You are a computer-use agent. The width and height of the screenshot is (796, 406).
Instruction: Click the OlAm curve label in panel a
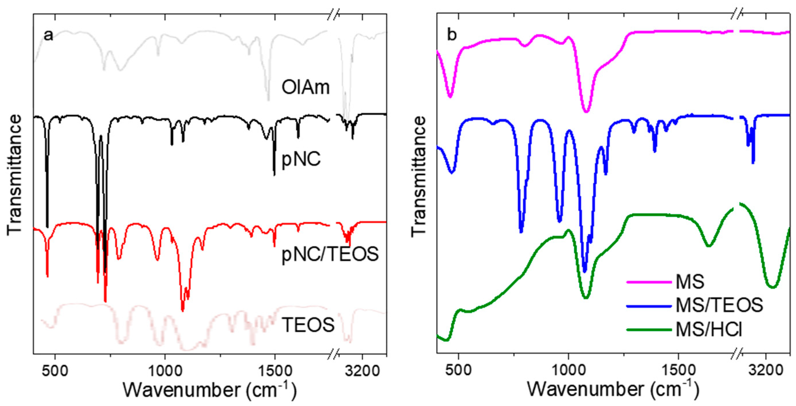tap(305, 87)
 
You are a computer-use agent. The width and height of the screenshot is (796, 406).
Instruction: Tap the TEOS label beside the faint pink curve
tap(308, 325)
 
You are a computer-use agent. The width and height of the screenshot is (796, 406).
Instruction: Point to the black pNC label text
tap(301, 160)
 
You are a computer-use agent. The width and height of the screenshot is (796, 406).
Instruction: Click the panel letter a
tap(48, 35)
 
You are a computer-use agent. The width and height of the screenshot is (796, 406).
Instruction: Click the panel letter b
tap(452, 35)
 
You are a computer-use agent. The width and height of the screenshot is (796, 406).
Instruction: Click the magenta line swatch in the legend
tap(649, 282)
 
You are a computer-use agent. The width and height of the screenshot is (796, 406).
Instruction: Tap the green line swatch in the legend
tap(649, 330)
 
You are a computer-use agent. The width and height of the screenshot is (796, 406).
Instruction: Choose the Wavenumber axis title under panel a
tap(210, 390)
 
